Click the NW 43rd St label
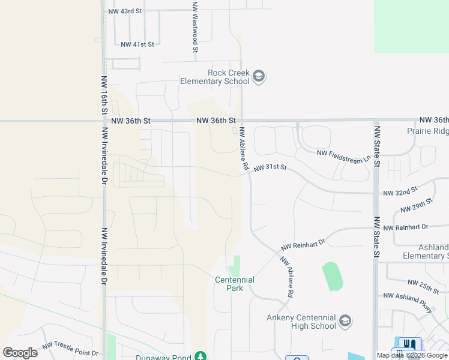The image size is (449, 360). pyautogui.click(x=125, y=11)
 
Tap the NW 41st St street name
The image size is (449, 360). pyautogui.click(x=137, y=44)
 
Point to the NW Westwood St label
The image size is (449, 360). pyautogui.click(x=194, y=27)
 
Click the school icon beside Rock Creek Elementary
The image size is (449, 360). pyautogui.click(x=259, y=76)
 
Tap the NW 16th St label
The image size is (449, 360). pyautogui.click(x=104, y=95)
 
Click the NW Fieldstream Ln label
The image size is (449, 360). pyautogui.click(x=343, y=156)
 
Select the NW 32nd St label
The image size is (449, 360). pyautogui.click(x=400, y=192)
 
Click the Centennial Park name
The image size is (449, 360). pyautogui.click(x=235, y=284)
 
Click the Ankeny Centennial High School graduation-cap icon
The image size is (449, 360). pyautogui.click(x=345, y=321)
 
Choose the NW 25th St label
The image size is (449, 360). pyautogui.click(x=424, y=283)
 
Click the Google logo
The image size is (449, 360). pyautogui.click(x=20, y=352)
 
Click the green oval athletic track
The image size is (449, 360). pyautogui.click(x=333, y=276)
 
